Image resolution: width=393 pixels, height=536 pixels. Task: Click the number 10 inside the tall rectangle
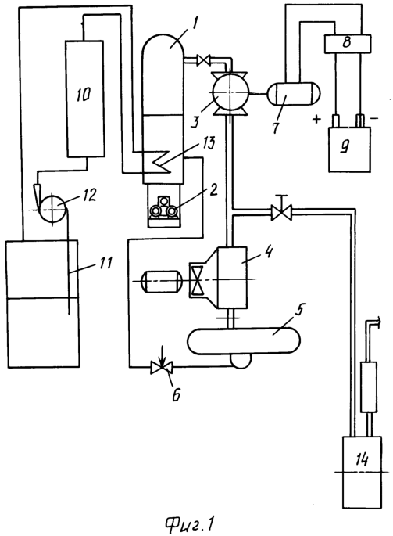pos(84,94)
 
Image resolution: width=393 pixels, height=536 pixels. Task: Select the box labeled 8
pos(347,44)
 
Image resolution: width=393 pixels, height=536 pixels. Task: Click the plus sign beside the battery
pos(317,119)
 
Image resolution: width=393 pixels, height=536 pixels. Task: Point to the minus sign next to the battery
pos(374,119)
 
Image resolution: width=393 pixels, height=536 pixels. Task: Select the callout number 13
pos(208,144)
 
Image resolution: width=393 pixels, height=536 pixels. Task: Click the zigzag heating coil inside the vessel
pos(163,161)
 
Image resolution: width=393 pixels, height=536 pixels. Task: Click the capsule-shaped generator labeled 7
pos(293,94)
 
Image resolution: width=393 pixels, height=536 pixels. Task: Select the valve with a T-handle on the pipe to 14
pos(281,210)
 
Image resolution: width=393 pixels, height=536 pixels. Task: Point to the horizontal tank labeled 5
pos(244,341)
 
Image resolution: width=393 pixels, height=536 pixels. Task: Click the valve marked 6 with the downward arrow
pos(162,367)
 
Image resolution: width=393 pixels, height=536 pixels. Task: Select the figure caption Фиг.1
pos(190,523)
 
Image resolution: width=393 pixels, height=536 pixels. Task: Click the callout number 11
pos(105,264)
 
